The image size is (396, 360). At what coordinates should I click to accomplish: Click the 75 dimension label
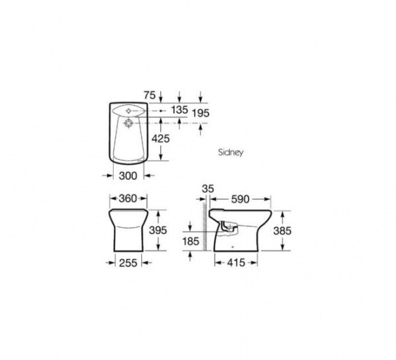pyautogui.click(x=150, y=96)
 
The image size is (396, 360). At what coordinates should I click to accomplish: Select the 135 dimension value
pyautogui.click(x=180, y=109)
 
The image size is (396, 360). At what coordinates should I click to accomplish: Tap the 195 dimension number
pyautogui.click(x=201, y=113)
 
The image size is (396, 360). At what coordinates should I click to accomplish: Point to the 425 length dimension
pyautogui.click(x=160, y=138)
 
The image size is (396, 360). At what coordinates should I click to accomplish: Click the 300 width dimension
pyautogui.click(x=128, y=176)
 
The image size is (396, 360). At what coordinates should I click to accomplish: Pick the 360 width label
pyautogui.click(x=128, y=198)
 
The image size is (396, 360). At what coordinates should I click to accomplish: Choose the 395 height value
pyautogui.click(x=158, y=230)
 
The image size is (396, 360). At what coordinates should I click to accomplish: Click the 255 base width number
pyautogui.click(x=128, y=263)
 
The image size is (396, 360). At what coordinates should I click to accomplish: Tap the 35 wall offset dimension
pyautogui.click(x=208, y=189)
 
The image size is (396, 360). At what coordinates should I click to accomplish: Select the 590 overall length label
pyautogui.click(x=240, y=199)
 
